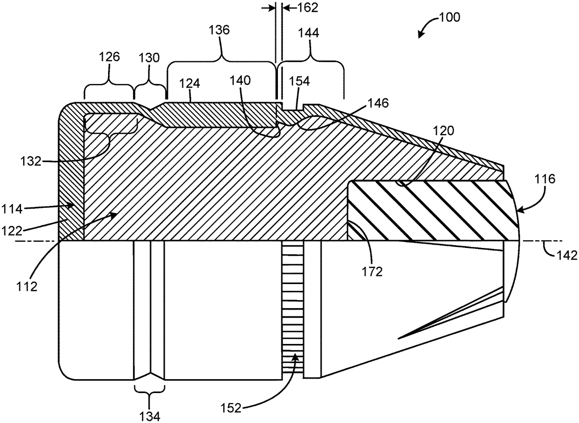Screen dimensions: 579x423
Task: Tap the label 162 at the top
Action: pyautogui.click(x=308, y=8)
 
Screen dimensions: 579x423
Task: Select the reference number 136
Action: pyautogui.click(x=219, y=30)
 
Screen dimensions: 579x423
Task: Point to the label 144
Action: pyautogui.click(x=309, y=33)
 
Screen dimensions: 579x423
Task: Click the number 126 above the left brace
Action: pyautogui.click(x=110, y=56)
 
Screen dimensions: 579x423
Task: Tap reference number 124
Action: pyautogui.click(x=190, y=83)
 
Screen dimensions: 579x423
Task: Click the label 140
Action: pyautogui.click(x=240, y=81)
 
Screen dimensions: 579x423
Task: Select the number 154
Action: pyautogui.click(x=299, y=81)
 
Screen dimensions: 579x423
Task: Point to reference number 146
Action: pyautogui.click(x=378, y=103)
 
